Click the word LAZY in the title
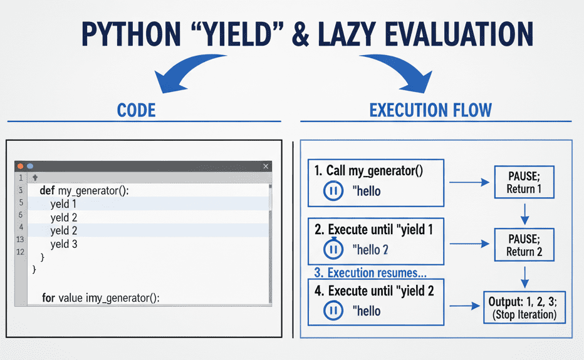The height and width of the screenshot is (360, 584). pyautogui.click(x=347, y=34)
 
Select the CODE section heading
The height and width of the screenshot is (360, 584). pyautogui.click(x=137, y=110)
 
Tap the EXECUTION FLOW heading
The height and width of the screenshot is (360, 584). pyautogui.click(x=430, y=110)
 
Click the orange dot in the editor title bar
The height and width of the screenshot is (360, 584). pyautogui.click(x=21, y=166)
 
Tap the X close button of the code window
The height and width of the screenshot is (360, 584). pyautogui.click(x=266, y=166)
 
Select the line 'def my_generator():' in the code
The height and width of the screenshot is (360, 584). pyautogui.click(x=84, y=190)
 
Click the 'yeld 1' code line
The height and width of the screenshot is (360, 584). pyautogui.click(x=63, y=204)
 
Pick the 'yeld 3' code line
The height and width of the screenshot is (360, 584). pyautogui.click(x=64, y=244)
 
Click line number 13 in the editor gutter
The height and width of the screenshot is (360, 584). pyautogui.click(x=20, y=239)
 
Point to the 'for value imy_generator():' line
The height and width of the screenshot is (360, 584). pyautogui.click(x=100, y=298)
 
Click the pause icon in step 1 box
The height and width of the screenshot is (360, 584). pyautogui.click(x=333, y=191)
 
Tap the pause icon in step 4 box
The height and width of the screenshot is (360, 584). pyautogui.click(x=333, y=311)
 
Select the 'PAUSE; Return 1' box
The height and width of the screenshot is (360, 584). pyautogui.click(x=524, y=182)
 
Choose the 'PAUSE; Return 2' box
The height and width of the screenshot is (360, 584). pyautogui.click(x=524, y=245)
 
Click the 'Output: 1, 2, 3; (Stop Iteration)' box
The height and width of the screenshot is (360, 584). pyautogui.click(x=524, y=307)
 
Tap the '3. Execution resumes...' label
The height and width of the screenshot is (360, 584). pyautogui.click(x=370, y=272)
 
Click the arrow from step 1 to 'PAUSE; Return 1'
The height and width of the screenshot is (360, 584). pyautogui.click(x=469, y=182)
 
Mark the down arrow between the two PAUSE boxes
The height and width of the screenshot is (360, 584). pyautogui.click(x=524, y=213)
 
